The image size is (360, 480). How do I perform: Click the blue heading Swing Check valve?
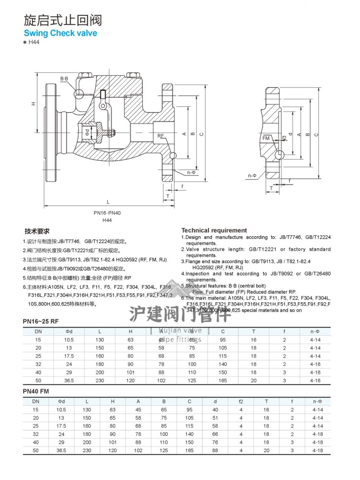[60, 33]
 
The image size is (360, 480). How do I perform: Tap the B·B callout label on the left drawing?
[64, 78]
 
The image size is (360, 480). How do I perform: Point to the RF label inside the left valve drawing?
[161, 136]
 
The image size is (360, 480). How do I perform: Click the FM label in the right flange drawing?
[267, 138]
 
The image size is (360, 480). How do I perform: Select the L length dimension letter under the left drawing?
[108, 201]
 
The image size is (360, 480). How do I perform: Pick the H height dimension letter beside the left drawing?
[34, 103]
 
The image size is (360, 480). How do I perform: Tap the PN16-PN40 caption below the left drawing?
[107, 213]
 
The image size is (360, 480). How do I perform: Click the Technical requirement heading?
[214, 230]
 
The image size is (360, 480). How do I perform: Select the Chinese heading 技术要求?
[37, 231]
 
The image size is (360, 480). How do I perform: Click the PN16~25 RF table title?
[41, 320]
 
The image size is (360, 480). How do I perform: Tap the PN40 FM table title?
[36, 391]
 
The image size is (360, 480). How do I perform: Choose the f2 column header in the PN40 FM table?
[241, 401]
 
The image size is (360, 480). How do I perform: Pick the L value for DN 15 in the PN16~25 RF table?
[100, 339]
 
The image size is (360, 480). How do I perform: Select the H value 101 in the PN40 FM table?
[112, 442]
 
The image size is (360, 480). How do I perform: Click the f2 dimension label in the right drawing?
[284, 138]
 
